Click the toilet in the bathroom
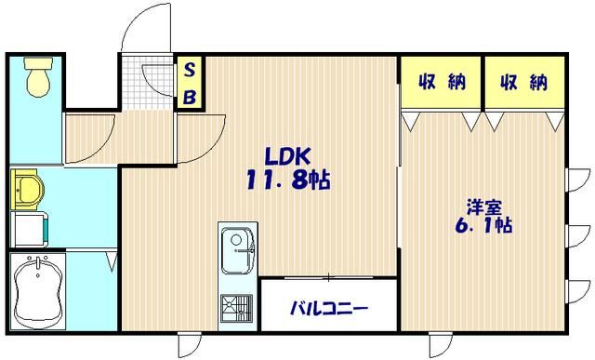[39, 77]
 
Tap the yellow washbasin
[28, 191]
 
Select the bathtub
[39, 289]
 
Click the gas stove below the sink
[235, 305]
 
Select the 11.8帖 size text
[289, 179]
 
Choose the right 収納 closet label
[523, 84]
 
